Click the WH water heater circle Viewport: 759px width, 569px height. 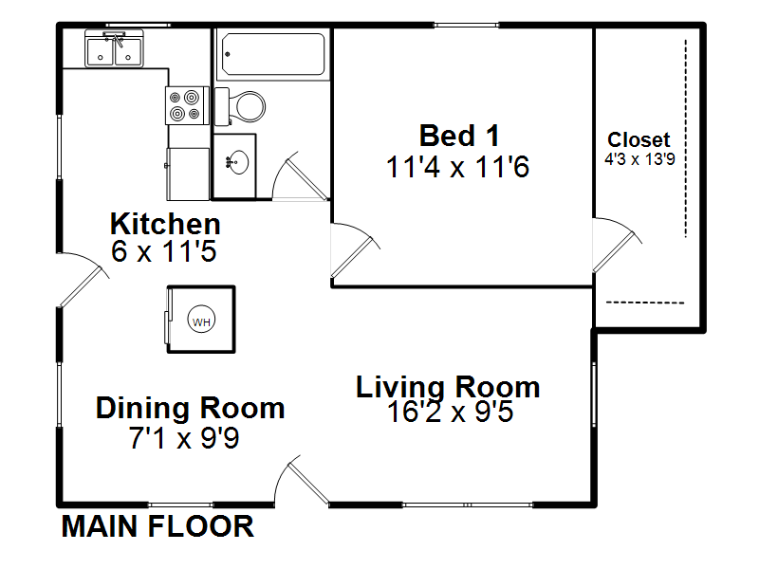tap(201, 320)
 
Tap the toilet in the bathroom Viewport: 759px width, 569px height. tap(240, 106)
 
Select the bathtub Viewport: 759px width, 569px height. tap(273, 54)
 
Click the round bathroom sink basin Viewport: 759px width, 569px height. tap(238, 162)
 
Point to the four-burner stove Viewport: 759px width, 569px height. tap(187, 105)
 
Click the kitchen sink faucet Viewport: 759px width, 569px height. tap(116, 39)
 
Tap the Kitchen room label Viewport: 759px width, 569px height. tap(165, 224)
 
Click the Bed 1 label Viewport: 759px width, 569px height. tap(459, 136)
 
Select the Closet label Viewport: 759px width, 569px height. tap(639, 139)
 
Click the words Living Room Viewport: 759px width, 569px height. tap(448, 387)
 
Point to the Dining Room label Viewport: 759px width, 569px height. tap(191, 408)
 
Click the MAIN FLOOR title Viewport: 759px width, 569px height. tap(157, 526)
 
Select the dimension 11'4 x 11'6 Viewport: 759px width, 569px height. tap(458, 167)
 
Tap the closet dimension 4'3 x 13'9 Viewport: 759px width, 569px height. tap(639, 159)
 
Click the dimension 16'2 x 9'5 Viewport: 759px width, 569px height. tap(450, 412)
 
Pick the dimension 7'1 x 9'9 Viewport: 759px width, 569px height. tap(184, 438)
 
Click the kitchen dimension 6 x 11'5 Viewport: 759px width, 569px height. tap(163, 251)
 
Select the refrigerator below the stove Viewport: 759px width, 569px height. tap(188, 174)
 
